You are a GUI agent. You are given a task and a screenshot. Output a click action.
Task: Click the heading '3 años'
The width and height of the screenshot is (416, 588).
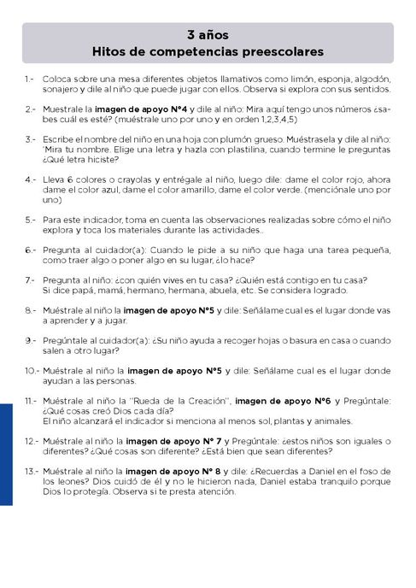pos(208,36)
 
